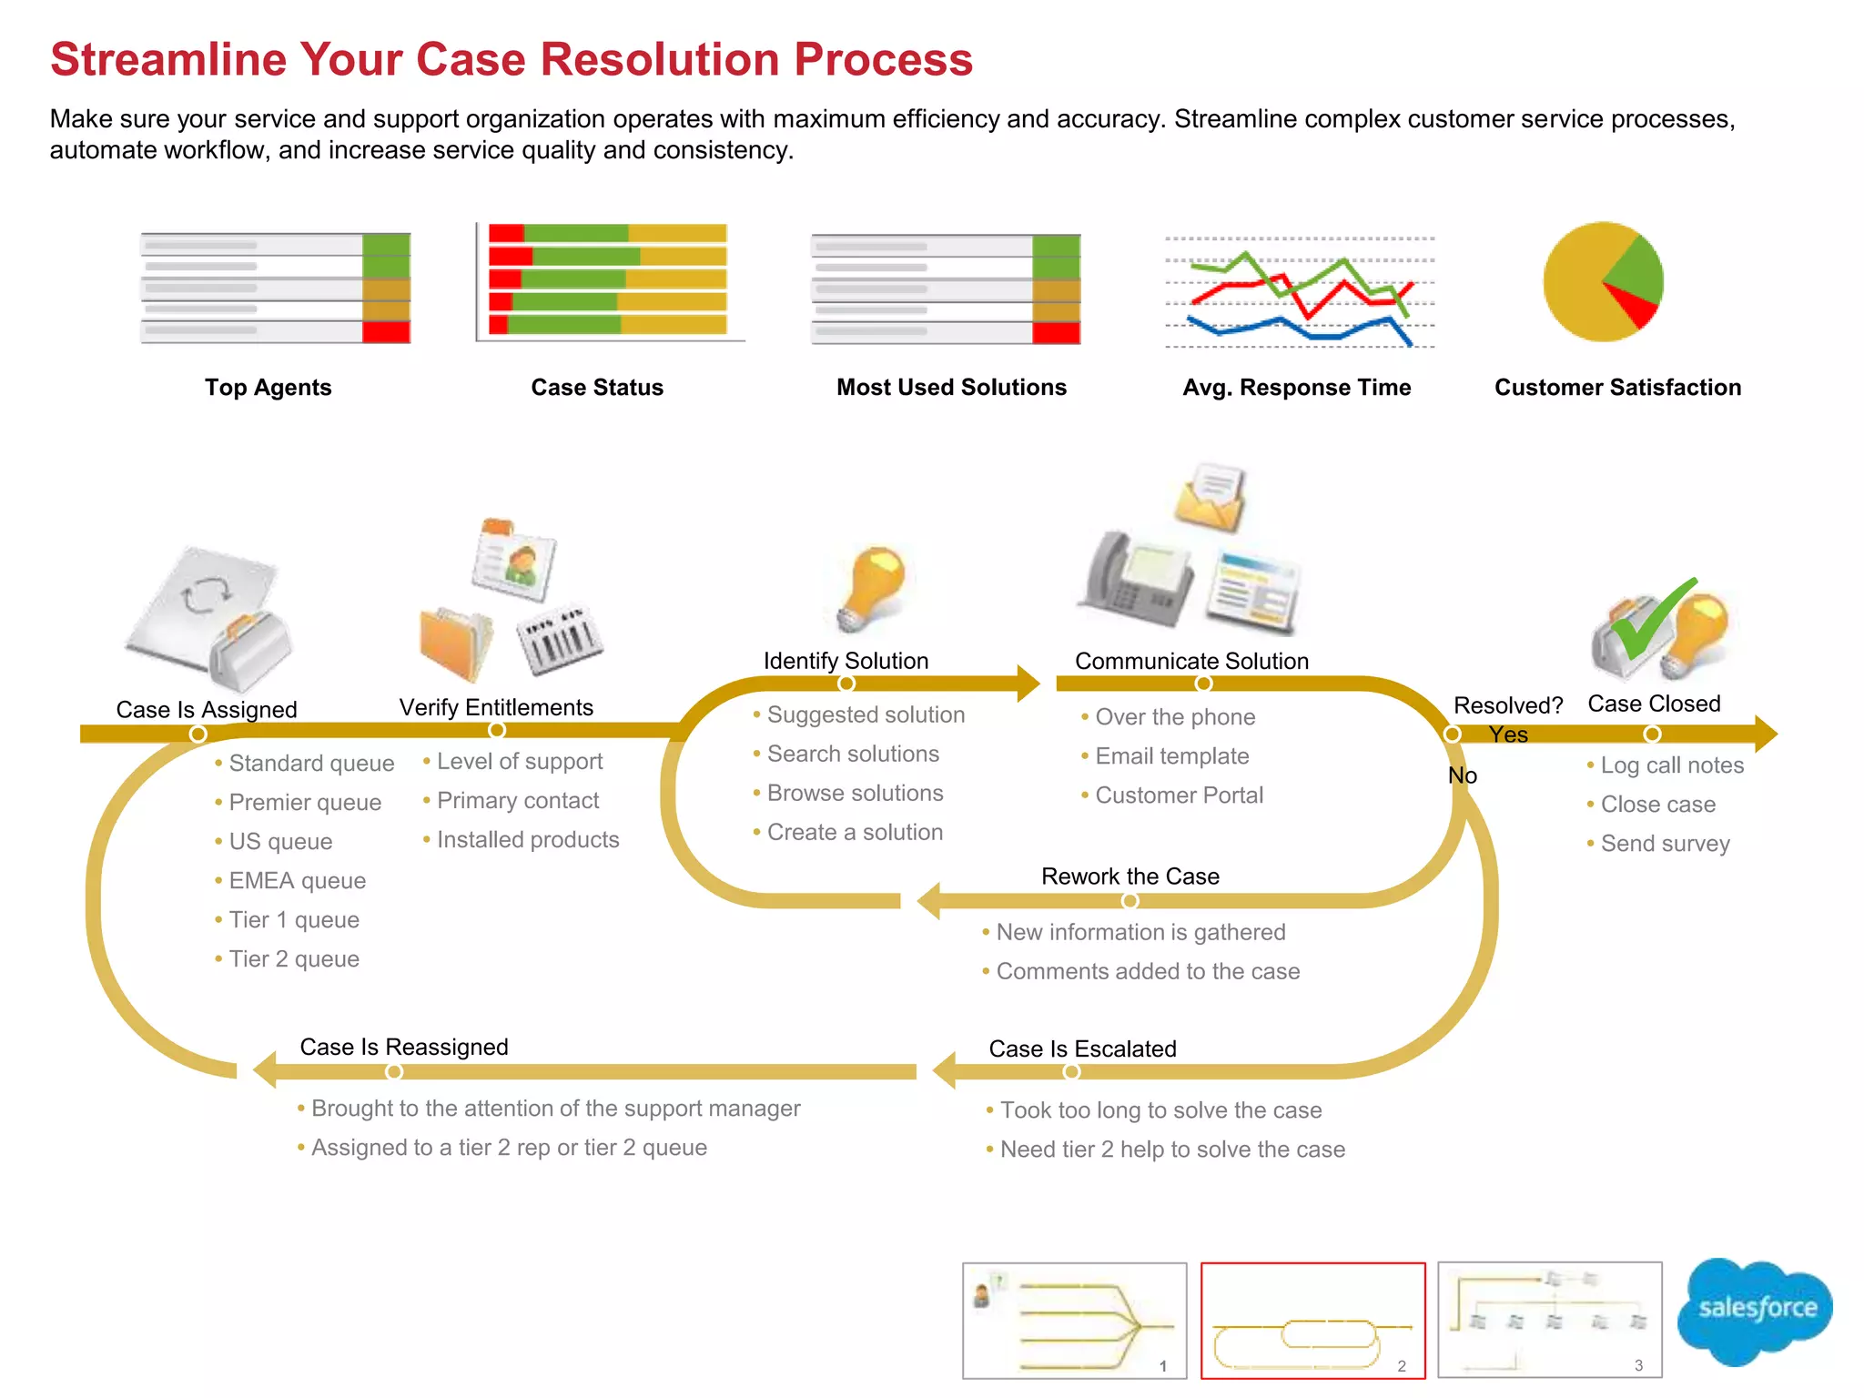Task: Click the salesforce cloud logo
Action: [1756, 1310]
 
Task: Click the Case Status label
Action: [597, 388]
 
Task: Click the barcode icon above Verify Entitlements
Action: [560, 640]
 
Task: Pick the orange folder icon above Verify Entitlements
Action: [455, 643]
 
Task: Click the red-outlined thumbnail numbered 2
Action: [1312, 1321]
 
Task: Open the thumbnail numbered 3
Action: [1549, 1321]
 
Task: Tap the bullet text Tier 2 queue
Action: [293, 959]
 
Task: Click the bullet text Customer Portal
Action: [1179, 795]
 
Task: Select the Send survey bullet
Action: [1665, 844]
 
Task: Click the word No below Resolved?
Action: [1463, 775]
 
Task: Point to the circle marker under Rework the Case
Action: [1130, 900]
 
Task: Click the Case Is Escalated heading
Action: [1082, 1049]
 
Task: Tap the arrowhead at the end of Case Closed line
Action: [1766, 734]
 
